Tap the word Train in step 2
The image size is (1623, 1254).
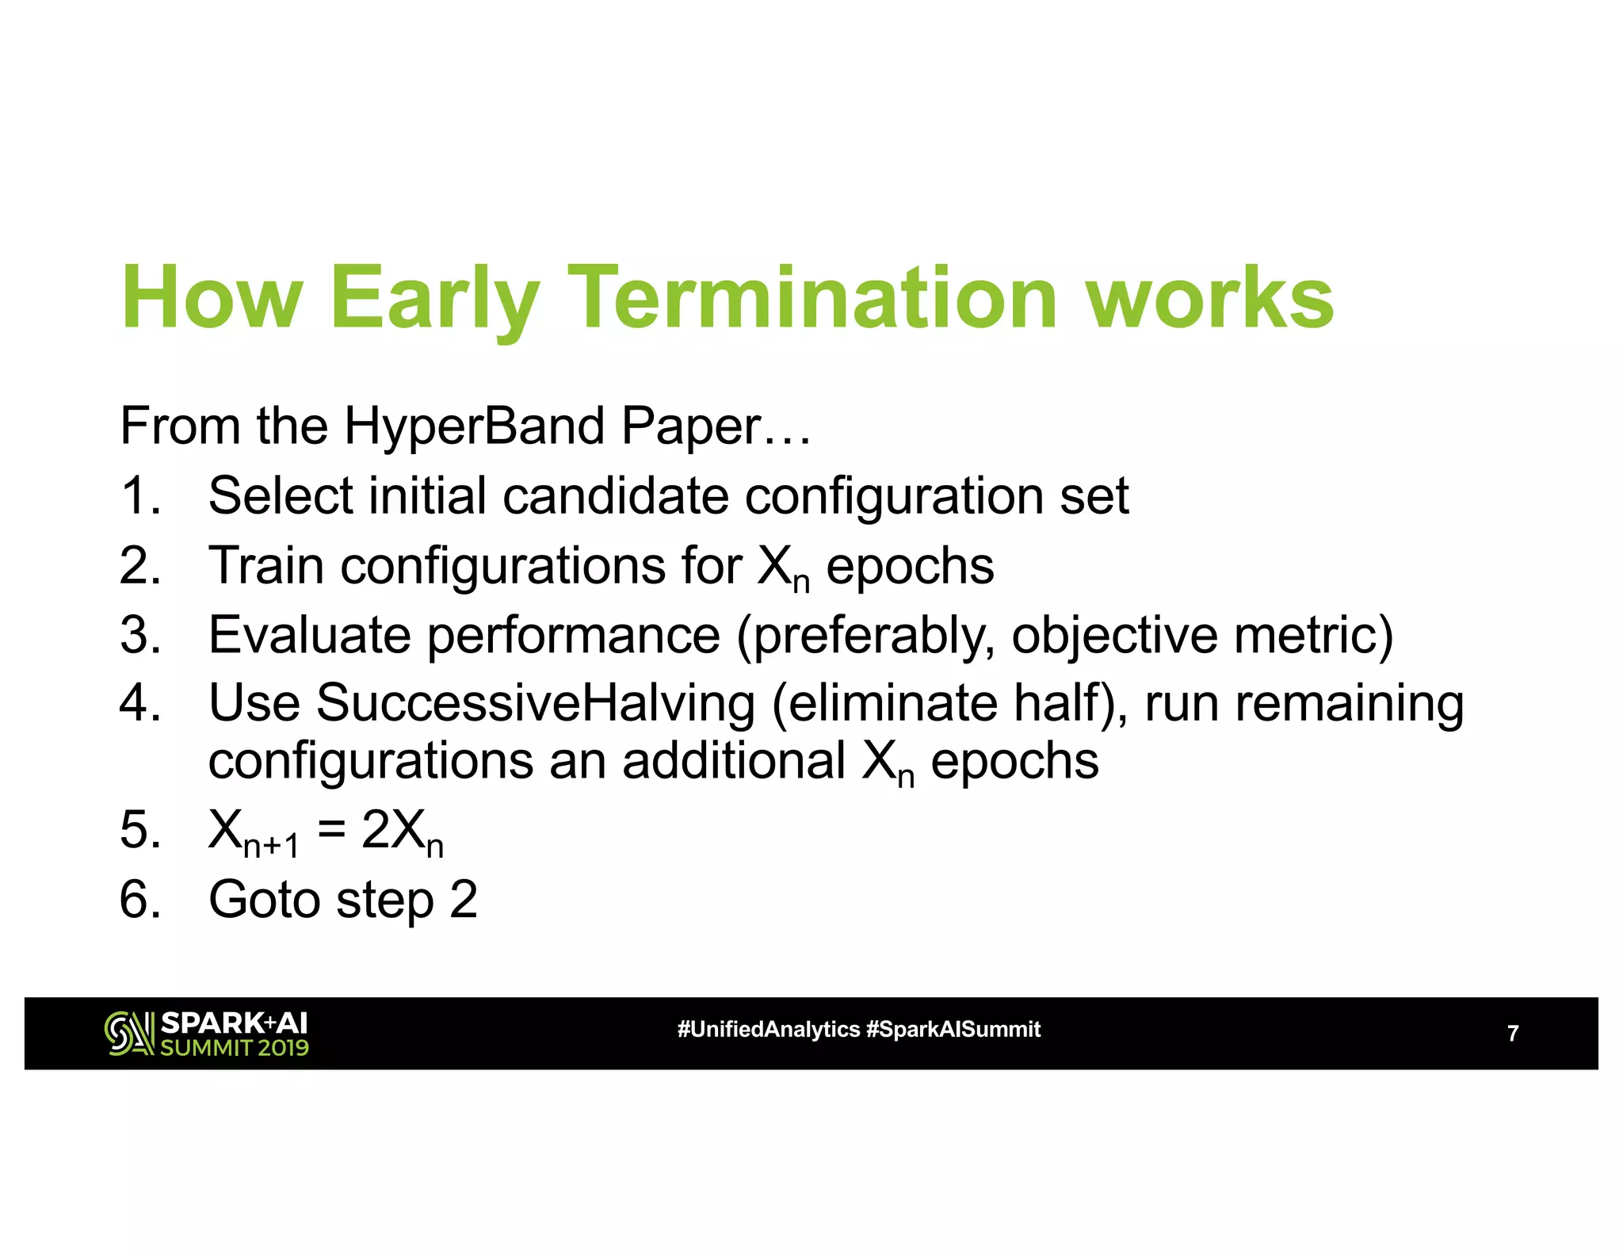265,566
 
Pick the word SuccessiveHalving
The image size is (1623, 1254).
535,704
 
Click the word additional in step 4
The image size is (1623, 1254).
733,761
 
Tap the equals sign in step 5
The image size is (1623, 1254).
331,830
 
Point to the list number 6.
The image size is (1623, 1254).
139,900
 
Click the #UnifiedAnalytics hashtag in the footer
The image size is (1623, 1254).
768,1030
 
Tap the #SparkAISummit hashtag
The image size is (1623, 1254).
953,1030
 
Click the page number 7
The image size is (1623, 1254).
1512,1034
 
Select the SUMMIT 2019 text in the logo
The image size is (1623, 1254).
235,1048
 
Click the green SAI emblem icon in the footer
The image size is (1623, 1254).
128,1034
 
